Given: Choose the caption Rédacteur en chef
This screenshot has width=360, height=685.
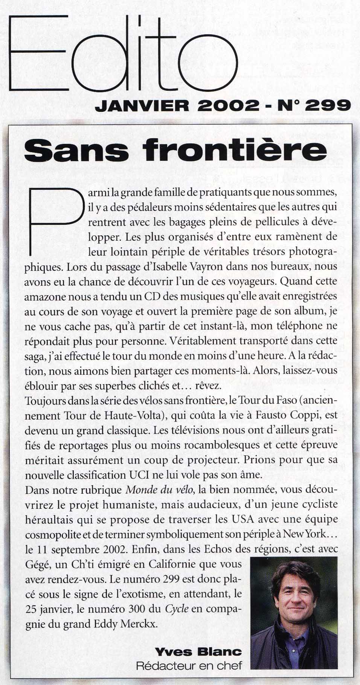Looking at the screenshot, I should point(189,665).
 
